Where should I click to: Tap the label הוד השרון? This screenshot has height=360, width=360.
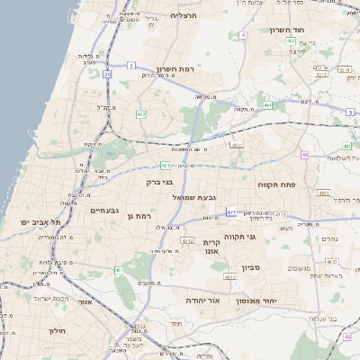tap(286, 30)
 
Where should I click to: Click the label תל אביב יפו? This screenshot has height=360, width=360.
tap(40, 222)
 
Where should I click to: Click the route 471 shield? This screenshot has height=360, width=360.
tap(232, 211)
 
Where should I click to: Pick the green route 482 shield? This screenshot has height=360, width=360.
tap(141, 115)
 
